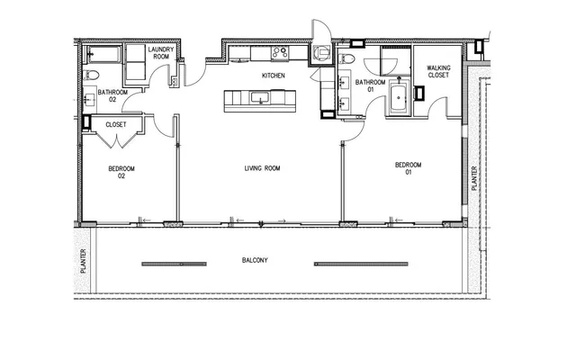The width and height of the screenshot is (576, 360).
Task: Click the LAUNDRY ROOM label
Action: pos(160,53)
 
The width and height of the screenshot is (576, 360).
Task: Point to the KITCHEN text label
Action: pos(273,76)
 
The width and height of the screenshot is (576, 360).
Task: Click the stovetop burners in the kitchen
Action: pos(279,52)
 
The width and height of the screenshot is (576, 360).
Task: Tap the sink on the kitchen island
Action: pos(261,99)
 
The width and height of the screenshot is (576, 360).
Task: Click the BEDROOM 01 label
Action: pos(409,168)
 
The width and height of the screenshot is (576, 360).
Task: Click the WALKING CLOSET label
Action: pos(438,72)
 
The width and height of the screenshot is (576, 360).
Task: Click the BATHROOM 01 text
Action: pos(369,85)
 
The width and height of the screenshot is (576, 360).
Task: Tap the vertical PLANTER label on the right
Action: pos(475,171)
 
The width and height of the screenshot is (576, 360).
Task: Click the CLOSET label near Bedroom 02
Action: pos(115,124)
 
